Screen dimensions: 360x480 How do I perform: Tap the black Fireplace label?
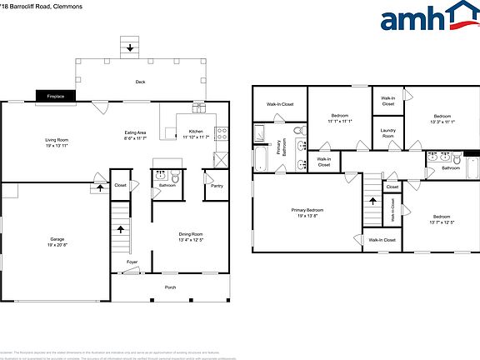(55, 97)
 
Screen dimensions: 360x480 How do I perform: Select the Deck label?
(141, 82)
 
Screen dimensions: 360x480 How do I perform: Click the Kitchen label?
(195, 132)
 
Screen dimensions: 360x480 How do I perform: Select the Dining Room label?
(191, 234)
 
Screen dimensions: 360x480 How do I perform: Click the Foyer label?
(132, 262)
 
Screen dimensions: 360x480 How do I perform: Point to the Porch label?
(170, 287)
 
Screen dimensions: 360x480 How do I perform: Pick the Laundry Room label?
(388, 132)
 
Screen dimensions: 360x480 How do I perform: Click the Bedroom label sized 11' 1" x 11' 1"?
(340, 116)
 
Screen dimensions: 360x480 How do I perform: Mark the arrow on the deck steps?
(130, 47)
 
